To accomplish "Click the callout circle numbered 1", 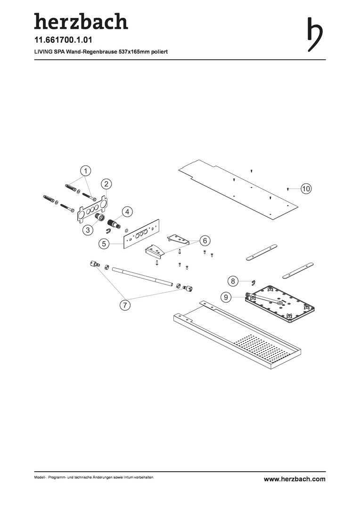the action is (85, 171).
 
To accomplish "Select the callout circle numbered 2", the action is (106, 184).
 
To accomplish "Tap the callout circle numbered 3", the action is (88, 230).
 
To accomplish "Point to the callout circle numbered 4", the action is (127, 212).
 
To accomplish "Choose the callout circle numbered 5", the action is (104, 244).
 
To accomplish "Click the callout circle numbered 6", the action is (205, 241).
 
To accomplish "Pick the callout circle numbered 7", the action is (125, 305).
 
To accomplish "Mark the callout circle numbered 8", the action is (233, 280).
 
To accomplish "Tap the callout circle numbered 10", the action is (306, 188).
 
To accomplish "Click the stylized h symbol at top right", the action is (315, 35).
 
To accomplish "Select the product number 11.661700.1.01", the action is (63, 40).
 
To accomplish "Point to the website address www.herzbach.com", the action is (295, 479).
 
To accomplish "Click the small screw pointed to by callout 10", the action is (287, 189).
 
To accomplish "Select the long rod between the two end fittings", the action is (142, 277).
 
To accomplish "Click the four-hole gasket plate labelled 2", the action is (92, 209).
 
